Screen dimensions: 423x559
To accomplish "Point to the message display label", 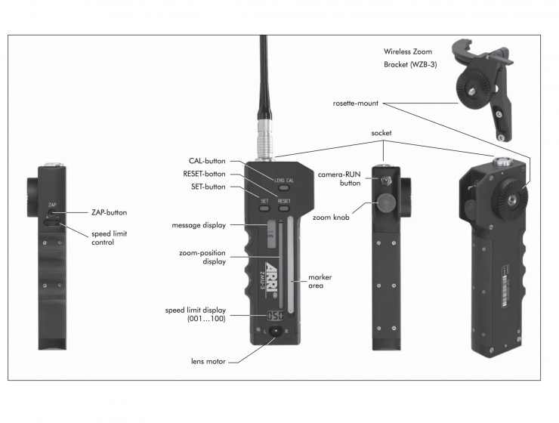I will (198, 224).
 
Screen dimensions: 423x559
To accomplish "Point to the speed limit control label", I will (109, 238).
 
